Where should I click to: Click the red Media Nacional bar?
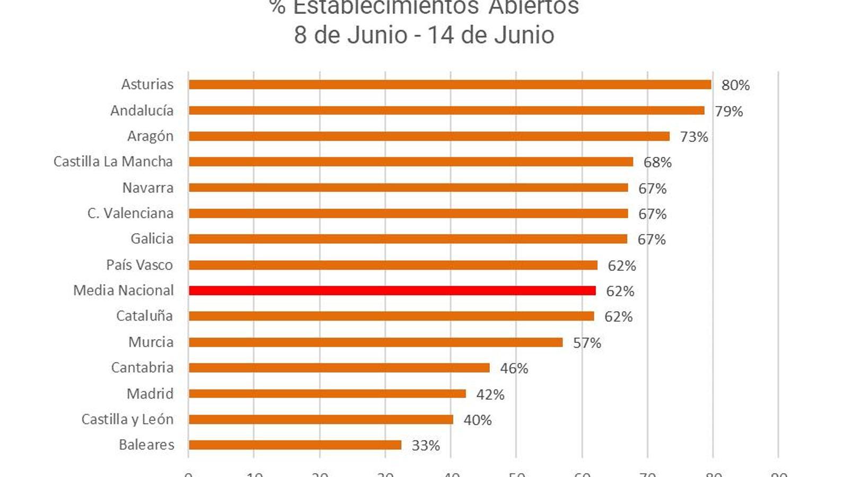point(392,290)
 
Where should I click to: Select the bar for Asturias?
point(450,85)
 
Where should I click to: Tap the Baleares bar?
point(295,445)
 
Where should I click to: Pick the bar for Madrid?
point(327,394)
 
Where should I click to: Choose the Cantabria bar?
point(339,368)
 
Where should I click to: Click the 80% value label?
point(735,85)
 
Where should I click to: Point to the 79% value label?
point(729,111)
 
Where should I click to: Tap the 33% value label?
point(426,446)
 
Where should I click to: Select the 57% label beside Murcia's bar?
point(587,343)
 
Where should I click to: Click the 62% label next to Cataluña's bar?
point(618,317)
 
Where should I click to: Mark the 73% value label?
point(694,137)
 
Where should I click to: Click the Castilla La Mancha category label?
point(113,162)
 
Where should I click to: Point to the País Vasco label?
point(140,265)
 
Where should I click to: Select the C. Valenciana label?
point(131,213)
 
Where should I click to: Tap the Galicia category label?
point(152,238)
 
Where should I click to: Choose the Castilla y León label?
point(127,419)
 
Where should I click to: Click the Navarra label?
point(148,188)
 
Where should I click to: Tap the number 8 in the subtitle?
point(300,36)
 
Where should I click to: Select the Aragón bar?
point(429,136)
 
